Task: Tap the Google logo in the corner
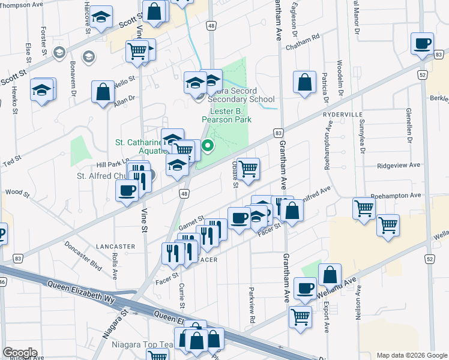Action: (x=19, y=353)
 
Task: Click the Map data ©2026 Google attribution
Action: (x=412, y=355)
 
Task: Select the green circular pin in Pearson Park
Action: (x=208, y=145)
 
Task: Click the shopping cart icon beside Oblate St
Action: (x=248, y=169)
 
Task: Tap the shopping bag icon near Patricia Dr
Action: (x=305, y=83)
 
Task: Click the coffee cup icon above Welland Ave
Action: (x=305, y=287)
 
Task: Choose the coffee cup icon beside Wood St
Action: (x=127, y=190)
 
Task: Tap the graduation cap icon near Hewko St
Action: (x=42, y=91)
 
